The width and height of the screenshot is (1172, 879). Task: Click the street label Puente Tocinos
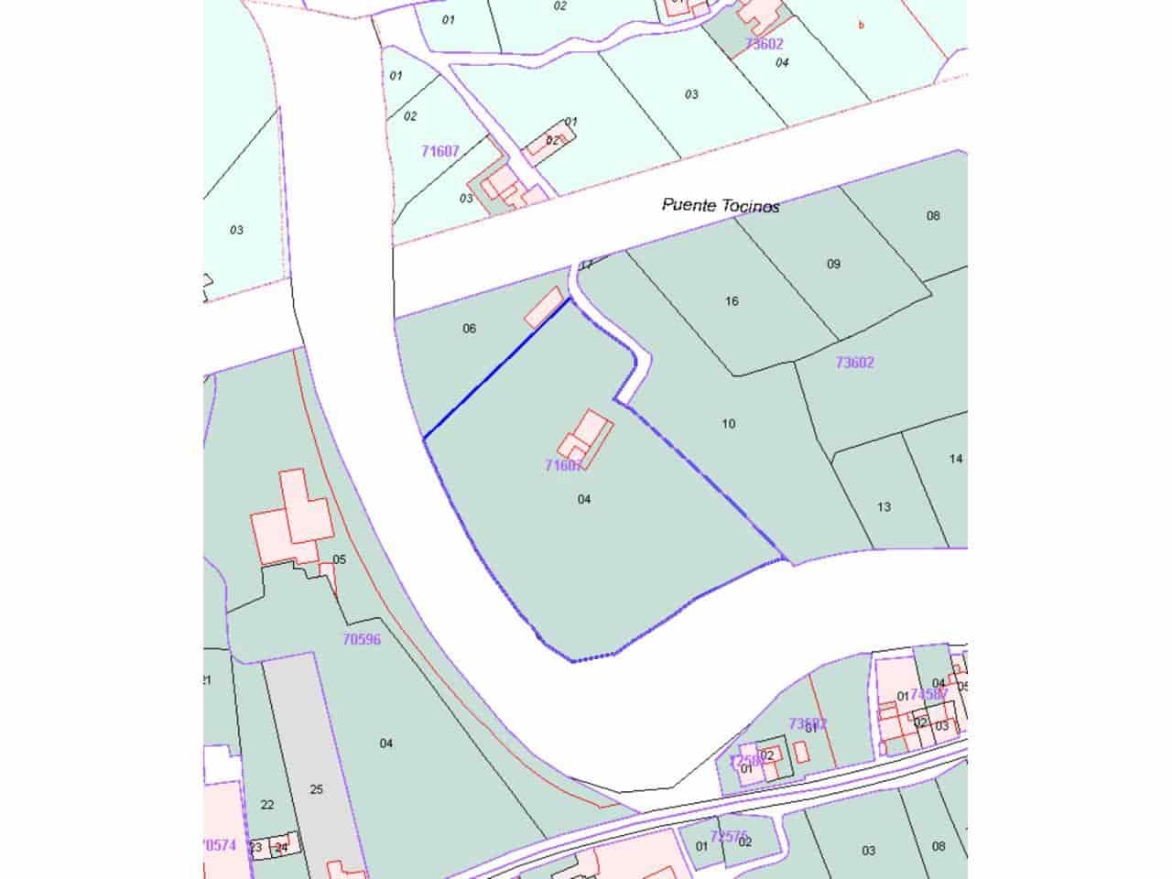pyautogui.click(x=721, y=205)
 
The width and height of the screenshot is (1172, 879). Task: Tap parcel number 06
pyautogui.click(x=470, y=328)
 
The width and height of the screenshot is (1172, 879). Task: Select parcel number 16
pyautogui.click(x=732, y=300)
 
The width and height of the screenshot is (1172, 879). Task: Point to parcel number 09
pyautogui.click(x=833, y=264)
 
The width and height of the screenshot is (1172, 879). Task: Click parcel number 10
pyautogui.click(x=729, y=423)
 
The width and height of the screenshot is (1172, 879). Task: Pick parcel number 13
pyautogui.click(x=884, y=506)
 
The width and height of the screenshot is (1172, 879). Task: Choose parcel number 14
pyautogui.click(x=956, y=459)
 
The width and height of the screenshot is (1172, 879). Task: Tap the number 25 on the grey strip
pyautogui.click(x=317, y=789)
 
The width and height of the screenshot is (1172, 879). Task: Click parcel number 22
pyautogui.click(x=267, y=804)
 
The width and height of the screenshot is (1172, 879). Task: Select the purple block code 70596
pyautogui.click(x=362, y=640)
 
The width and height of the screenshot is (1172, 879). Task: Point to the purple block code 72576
pyautogui.click(x=729, y=835)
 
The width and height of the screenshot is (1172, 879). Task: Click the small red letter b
pyautogui.click(x=861, y=26)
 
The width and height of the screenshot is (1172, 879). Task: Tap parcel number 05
pyautogui.click(x=339, y=559)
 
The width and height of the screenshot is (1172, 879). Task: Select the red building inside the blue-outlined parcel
pyautogui.click(x=589, y=437)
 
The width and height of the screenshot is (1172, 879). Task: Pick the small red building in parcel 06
pyautogui.click(x=544, y=306)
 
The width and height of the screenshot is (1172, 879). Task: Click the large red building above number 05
pyautogui.click(x=290, y=517)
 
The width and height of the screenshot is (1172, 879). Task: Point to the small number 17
pyautogui.click(x=587, y=266)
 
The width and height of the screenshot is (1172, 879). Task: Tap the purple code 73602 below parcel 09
pyautogui.click(x=854, y=363)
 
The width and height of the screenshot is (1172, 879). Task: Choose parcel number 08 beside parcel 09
pyautogui.click(x=933, y=216)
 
